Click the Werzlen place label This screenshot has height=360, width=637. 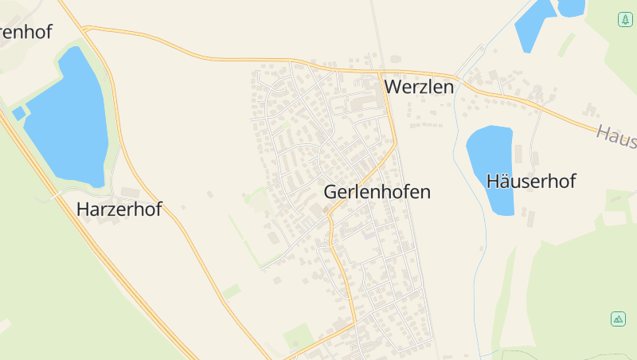coord(419,86)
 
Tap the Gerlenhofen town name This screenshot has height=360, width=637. coord(377,192)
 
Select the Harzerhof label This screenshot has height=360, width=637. coord(119,209)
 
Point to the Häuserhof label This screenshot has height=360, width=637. coord(530,181)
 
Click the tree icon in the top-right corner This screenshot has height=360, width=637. coord(625,19)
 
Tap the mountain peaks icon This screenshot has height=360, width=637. coord(618,319)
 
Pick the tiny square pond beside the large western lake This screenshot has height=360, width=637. coord(18,113)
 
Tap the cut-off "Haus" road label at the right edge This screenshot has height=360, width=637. coord(617,137)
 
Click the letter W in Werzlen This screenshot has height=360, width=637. coord(393,86)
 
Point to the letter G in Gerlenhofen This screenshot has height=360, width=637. coord(330,192)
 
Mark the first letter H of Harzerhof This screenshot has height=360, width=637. coord(82,209)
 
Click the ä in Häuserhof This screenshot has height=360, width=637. coord(502,181)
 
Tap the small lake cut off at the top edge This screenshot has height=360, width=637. coord(571,7)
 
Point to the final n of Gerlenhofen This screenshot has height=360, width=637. coord(425,192)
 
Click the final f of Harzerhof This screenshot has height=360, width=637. coord(158,209)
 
